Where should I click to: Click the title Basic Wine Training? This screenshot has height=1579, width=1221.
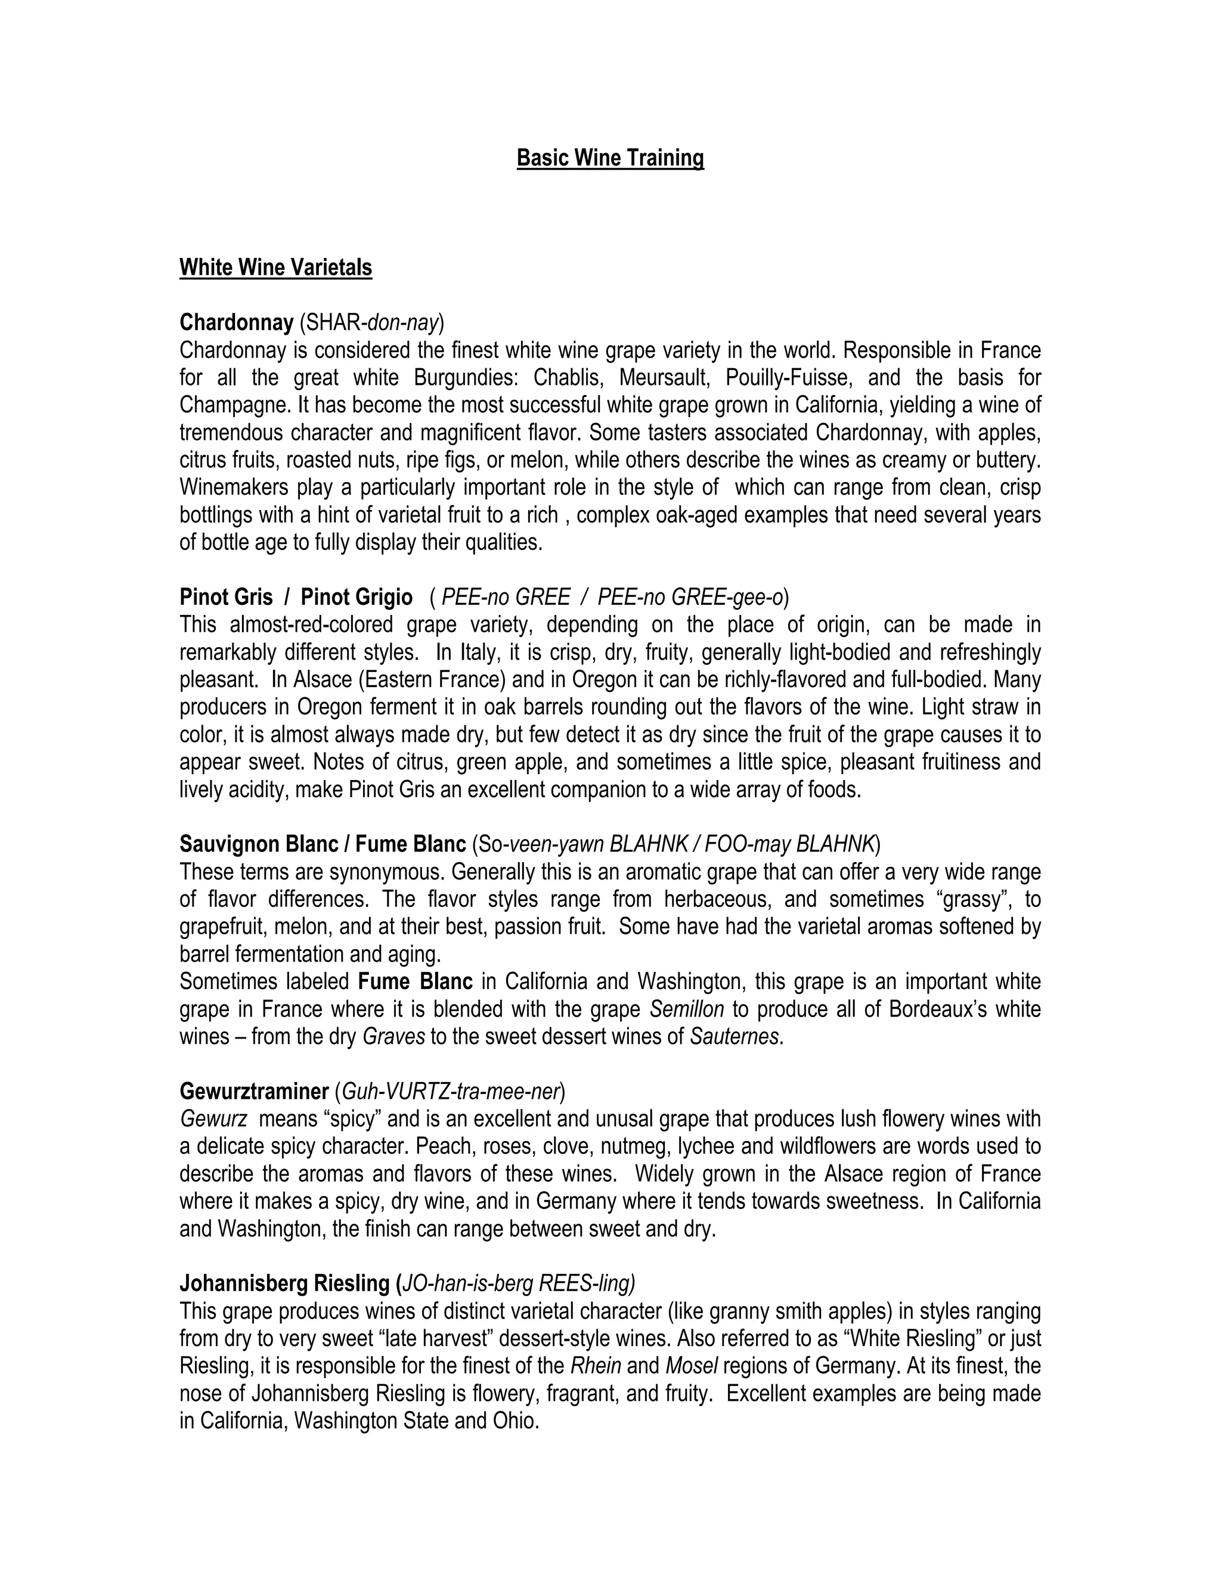pos(610,158)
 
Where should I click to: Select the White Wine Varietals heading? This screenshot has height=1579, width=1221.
pos(275,268)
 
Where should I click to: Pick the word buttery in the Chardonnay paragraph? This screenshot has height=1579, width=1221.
pos(1003,460)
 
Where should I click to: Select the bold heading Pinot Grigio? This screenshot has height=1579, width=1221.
pos(357,597)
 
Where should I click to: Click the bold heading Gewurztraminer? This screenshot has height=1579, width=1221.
pos(254,1091)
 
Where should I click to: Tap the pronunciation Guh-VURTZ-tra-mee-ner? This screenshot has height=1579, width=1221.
pos(449,1091)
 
